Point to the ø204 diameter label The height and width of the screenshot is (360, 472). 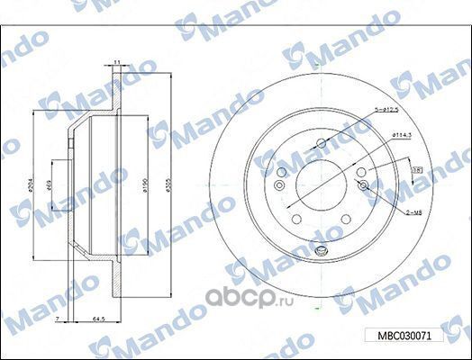point(30,186)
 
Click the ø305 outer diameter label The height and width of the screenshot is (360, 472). point(170,186)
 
